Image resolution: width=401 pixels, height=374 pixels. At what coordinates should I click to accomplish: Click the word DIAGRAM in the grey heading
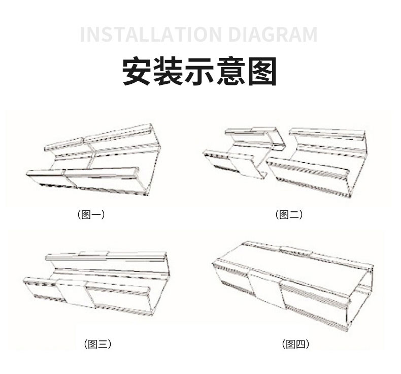273,35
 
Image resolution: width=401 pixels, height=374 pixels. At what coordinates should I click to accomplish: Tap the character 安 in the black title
137,71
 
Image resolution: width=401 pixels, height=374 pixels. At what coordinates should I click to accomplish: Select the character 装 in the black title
169,71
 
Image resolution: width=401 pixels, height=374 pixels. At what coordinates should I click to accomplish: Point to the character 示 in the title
199,71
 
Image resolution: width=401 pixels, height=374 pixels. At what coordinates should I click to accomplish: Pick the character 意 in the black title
231,71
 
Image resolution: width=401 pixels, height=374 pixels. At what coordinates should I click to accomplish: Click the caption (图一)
91,214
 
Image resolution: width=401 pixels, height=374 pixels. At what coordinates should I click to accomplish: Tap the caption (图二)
289,214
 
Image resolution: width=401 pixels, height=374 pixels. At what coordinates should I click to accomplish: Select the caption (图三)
97,344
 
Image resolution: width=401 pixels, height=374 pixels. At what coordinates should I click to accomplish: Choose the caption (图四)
296,344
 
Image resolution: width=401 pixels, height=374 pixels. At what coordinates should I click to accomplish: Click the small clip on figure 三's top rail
93,254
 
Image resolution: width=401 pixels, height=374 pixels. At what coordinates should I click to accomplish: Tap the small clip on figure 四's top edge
296,250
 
